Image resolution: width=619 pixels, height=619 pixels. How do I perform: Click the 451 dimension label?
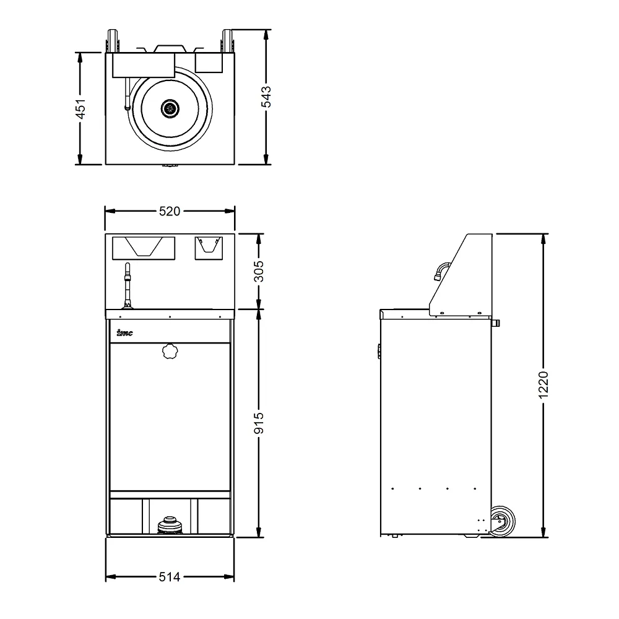tap(80, 109)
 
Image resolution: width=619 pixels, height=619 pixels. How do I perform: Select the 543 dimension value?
tap(266, 97)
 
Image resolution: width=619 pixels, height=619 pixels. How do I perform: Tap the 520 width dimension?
tap(170, 211)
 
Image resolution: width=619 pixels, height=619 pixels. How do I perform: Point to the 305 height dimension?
tap(259, 271)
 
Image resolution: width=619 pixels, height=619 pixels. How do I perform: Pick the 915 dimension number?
tap(259, 423)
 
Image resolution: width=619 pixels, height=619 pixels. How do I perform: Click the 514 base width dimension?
tap(170, 577)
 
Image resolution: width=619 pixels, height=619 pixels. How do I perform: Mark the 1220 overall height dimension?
tap(543, 385)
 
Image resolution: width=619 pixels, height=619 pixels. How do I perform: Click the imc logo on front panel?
tap(125, 333)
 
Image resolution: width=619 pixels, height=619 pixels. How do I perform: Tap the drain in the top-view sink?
tap(170, 107)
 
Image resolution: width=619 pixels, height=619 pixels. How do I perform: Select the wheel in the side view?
tap(502, 521)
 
